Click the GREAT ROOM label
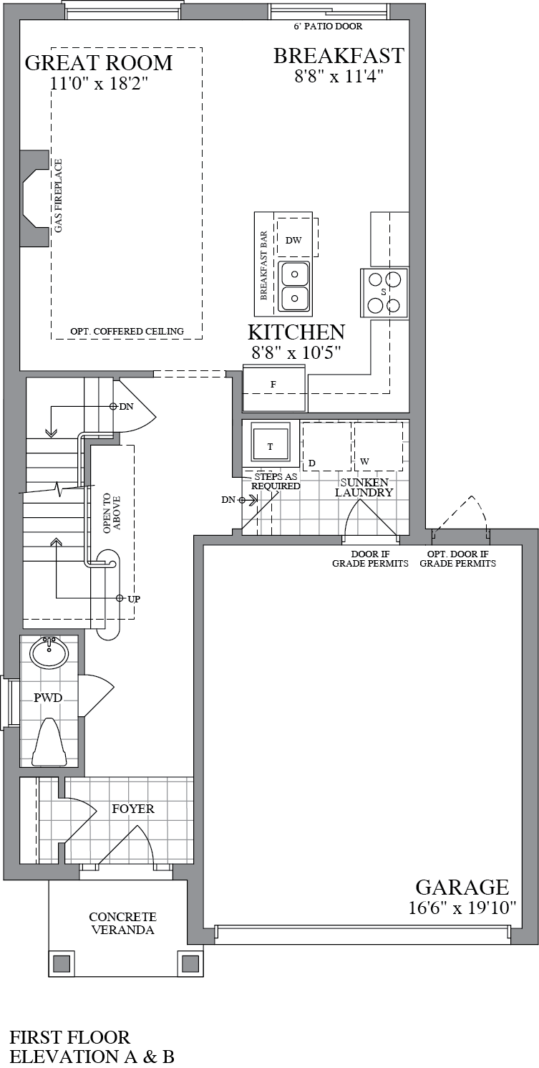click(x=99, y=63)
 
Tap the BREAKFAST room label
click(x=339, y=56)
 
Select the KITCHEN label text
click(x=296, y=332)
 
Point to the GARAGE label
click(x=462, y=887)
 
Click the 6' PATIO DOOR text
click(x=328, y=27)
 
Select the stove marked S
click(x=384, y=292)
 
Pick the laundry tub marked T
click(x=270, y=446)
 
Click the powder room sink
click(x=49, y=652)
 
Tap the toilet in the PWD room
click(x=51, y=741)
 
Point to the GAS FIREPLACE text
click(x=59, y=196)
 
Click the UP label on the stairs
click(x=133, y=598)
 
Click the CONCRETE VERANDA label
click(x=122, y=923)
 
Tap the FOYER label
click(x=133, y=809)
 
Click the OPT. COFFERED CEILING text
click(x=127, y=331)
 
